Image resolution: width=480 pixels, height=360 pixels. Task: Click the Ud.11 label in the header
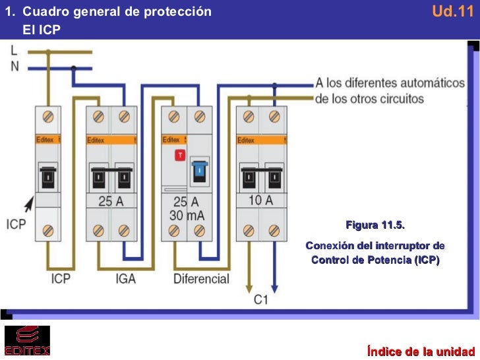pyautogui.click(x=452, y=11)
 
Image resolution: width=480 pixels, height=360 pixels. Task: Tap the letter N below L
pyautogui.click(x=14, y=66)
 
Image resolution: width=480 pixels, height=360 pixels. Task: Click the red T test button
pyautogui.click(x=179, y=155)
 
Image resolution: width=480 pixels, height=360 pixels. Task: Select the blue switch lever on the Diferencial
pyautogui.click(x=199, y=173)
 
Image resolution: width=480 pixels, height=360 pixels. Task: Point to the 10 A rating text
pyautogui.click(x=260, y=201)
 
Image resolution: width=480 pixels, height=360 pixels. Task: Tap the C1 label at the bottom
pyautogui.click(x=261, y=300)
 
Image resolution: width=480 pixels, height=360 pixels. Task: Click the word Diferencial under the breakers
pyautogui.click(x=201, y=279)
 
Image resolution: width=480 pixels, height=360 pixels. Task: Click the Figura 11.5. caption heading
pyautogui.click(x=375, y=226)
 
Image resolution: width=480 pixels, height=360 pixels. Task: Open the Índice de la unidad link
pyautogui.click(x=421, y=350)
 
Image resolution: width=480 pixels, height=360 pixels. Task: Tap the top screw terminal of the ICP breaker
pyautogui.click(x=47, y=117)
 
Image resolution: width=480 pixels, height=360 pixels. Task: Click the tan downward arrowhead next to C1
pyautogui.click(x=249, y=289)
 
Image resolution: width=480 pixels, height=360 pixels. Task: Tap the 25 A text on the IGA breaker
pyautogui.click(x=111, y=202)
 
